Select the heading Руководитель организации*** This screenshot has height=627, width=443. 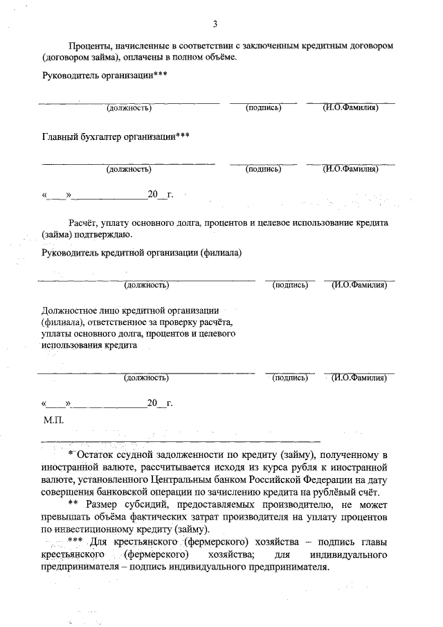(x=105, y=75)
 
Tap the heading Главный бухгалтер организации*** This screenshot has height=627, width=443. (x=116, y=136)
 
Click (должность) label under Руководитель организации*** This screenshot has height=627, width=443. (x=129, y=107)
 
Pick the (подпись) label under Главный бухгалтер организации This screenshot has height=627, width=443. (x=263, y=168)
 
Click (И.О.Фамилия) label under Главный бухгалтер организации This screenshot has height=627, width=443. (x=350, y=168)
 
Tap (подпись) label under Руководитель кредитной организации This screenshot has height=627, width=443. (x=290, y=285)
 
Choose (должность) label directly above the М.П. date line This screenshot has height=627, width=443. (x=146, y=378)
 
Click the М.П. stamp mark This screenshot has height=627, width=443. (x=53, y=420)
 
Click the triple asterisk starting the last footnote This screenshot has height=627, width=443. (x=75, y=542)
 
